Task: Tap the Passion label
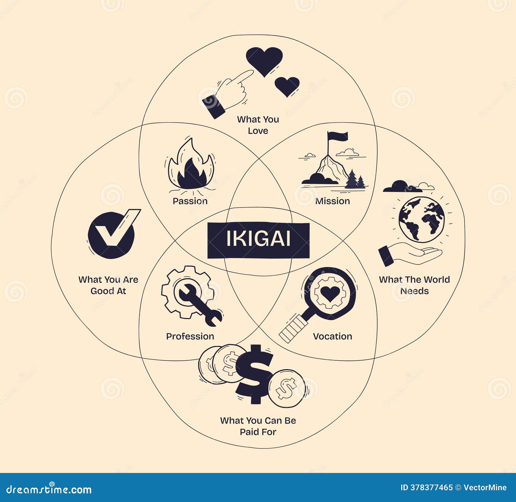(190, 201)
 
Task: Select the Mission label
(332, 201)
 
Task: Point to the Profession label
(190, 336)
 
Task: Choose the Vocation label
(332, 336)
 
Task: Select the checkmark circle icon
(111, 235)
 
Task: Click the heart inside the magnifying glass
(330, 293)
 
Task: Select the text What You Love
(258, 125)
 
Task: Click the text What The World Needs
(414, 285)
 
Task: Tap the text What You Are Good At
(108, 285)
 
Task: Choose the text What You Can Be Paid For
(258, 426)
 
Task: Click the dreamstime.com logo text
(49, 489)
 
